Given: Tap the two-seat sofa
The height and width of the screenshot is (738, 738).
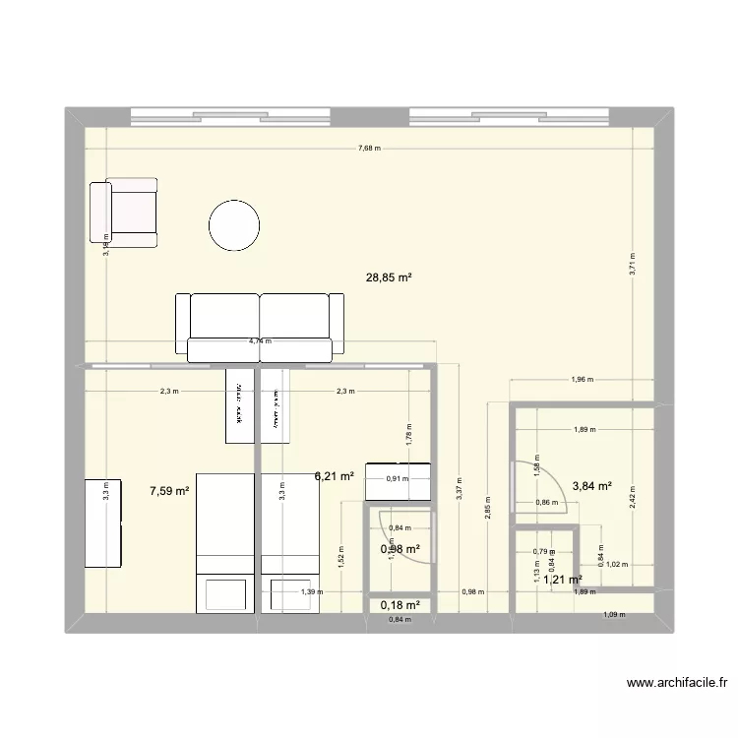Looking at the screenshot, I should pyautogui.click(x=260, y=325).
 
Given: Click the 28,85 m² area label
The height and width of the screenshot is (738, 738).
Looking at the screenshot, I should pyautogui.click(x=389, y=277).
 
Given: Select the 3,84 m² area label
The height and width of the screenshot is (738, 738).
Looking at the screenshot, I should pyautogui.click(x=591, y=485).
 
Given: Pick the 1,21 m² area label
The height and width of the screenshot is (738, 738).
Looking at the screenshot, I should pyautogui.click(x=562, y=580).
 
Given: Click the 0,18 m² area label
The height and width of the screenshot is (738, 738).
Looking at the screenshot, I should pyautogui.click(x=400, y=605).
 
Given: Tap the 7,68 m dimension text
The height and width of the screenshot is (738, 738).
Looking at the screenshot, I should pyautogui.click(x=369, y=149).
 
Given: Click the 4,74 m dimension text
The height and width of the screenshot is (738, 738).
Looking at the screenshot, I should pyautogui.click(x=261, y=341).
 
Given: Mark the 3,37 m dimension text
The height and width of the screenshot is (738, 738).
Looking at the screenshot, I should pyautogui.click(x=460, y=489).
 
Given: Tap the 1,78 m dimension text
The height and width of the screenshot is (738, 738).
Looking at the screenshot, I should pyautogui.click(x=407, y=427).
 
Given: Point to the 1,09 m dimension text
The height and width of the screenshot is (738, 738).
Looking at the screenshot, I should pyautogui.click(x=613, y=616).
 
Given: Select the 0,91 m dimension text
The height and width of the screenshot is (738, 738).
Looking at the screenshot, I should pyautogui.click(x=398, y=479).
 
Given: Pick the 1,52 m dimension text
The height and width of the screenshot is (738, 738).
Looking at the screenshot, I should pyautogui.click(x=340, y=558).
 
